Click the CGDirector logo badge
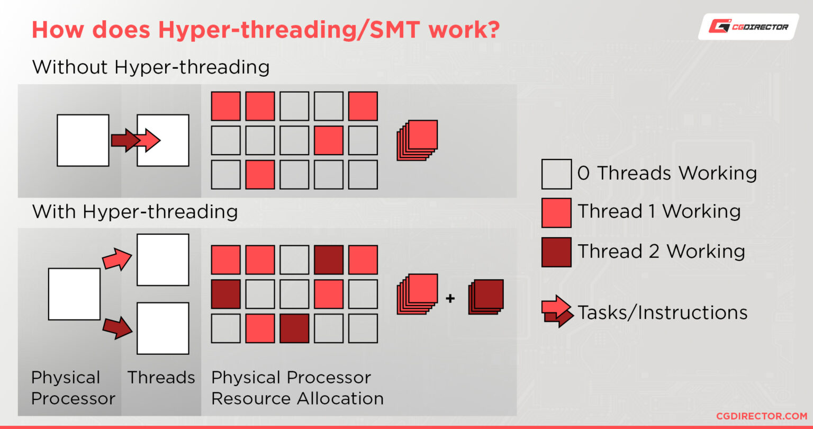pyautogui.click(x=748, y=26)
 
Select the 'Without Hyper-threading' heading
pyautogui.click(x=151, y=67)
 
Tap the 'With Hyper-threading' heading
pyautogui.click(x=135, y=212)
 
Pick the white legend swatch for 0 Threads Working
pyautogui.click(x=556, y=174)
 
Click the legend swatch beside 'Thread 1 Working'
pyautogui.click(x=556, y=212)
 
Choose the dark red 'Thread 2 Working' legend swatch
pyautogui.click(x=556, y=252)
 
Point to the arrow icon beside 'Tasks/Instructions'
pyautogui.click(x=557, y=311)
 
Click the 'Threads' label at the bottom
pyautogui.click(x=161, y=378)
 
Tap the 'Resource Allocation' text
pyautogui.click(x=297, y=398)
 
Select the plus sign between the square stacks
pyautogui.click(x=450, y=298)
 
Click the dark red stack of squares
pyautogui.click(x=485, y=297)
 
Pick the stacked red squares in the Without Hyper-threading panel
pyautogui.click(x=418, y=139)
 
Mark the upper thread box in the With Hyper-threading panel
pyautogui.click(x=162, y=260)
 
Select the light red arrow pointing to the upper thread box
pyautogui.click(x=117, y=259)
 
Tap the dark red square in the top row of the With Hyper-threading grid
pyautogui.click(x=329, y=260)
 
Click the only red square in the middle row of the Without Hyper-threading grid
pyautogui.click(x=329, y=140)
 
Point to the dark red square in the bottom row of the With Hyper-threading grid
pyautogui.click(x=294, y=328)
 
